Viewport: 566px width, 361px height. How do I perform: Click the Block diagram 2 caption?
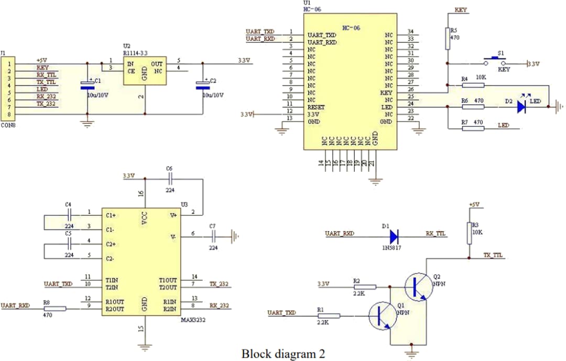click(x=283, y=354)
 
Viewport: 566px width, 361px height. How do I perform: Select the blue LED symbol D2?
click(x=521, y=107)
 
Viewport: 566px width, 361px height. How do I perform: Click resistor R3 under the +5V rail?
click(x=470, y=233)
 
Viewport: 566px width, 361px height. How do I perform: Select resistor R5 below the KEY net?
click(x=448, y=39)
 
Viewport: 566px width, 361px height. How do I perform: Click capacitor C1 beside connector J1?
click(x=87, y=86)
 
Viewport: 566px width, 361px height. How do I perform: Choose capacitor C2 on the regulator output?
click(x=202, y=86)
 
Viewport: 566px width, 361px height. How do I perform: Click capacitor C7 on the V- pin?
click(x=212, y=236)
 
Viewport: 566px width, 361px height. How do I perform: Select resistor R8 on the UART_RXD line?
click(x=55, y=309)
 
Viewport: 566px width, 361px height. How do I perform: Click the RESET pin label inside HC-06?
click(x=316, y=107)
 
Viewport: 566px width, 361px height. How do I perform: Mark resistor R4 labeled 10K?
click(x=473, y=85)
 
